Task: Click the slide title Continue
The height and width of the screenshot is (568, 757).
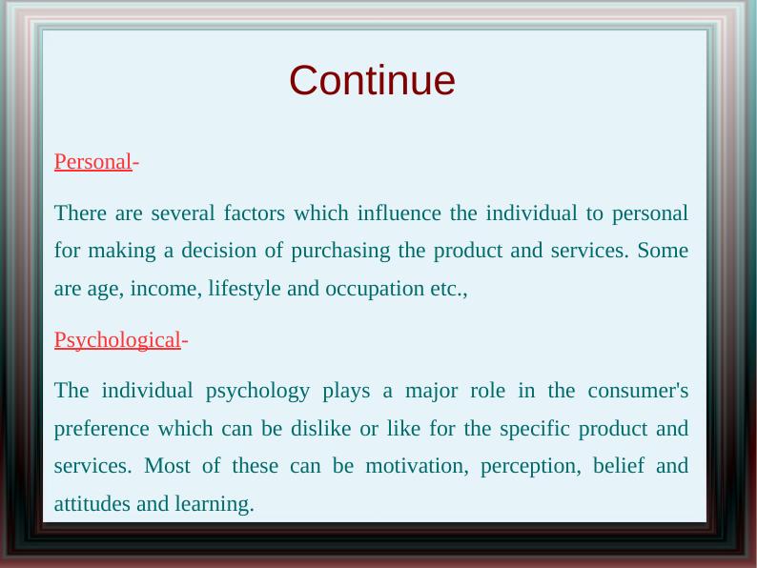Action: coord(372,80)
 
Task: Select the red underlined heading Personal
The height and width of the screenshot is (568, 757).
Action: coord(92,161)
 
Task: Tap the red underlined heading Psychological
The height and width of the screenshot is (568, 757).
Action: coord(117,340)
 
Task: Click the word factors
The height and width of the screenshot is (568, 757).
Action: coord(255,213)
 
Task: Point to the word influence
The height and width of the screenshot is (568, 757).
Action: coord(399,213)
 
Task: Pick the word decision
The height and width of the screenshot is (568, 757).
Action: coord(218,251)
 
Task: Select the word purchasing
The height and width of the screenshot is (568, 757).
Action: coord(340,252)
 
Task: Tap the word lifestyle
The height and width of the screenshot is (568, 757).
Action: coord(244,289)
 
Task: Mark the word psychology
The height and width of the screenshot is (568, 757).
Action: coord(257,392)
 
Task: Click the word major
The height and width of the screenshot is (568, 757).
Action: coord(431,392)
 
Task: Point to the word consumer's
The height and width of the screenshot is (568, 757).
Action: coord(638,391)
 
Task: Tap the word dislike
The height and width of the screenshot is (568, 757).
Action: coord(320,428)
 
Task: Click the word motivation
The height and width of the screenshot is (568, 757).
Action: coord(417,466)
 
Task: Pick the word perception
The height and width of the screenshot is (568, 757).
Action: coord(531,467)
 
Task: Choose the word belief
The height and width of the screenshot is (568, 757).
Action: coord(619,466)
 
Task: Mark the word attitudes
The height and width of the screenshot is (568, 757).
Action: coord(92,504)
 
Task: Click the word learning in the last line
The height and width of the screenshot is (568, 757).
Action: coord(215,505)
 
